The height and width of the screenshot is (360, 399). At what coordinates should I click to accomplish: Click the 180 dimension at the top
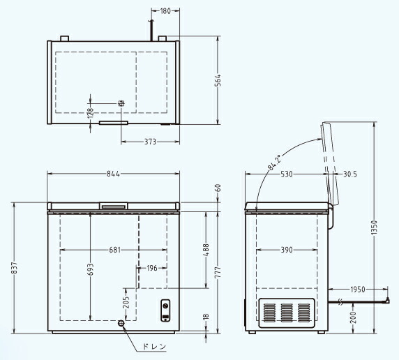pos(165,11)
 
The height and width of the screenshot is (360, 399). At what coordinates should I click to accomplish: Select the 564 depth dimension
pos(218,80)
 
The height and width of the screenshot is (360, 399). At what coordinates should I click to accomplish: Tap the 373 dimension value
pos(150,142)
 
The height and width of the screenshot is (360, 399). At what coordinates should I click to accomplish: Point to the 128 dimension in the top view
pos(91,113)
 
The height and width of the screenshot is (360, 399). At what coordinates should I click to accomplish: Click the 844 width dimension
pos(113,174)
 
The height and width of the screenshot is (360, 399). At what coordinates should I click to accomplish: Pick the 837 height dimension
pos(14,268)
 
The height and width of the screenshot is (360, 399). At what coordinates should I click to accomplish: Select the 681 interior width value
pos(115,250)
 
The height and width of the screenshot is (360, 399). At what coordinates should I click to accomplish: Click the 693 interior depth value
pos(91,269)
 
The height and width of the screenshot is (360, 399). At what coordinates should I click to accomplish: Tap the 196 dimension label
pos(152,268)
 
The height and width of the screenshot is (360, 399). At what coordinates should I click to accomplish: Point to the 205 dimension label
pos(126,302)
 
